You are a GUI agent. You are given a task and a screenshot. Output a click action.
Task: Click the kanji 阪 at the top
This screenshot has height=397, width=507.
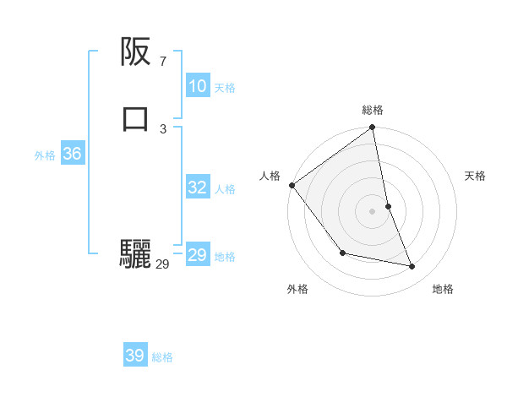135,53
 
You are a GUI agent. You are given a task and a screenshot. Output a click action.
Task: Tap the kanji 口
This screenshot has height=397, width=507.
135,118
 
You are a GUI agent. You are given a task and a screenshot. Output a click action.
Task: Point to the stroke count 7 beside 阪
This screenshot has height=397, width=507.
162,62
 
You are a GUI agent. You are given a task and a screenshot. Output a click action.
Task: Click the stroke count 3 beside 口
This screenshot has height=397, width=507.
162,128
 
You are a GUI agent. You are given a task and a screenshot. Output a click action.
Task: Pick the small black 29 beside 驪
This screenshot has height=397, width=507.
162,264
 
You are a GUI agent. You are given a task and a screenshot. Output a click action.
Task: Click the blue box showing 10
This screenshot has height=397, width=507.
197,86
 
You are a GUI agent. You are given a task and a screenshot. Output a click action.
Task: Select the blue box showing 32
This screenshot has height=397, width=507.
197,188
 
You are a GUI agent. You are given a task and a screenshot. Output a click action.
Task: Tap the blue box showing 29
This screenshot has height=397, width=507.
197,255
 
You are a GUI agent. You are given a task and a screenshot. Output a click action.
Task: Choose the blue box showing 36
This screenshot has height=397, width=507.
72,154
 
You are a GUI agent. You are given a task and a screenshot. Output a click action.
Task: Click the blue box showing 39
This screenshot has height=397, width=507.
134,356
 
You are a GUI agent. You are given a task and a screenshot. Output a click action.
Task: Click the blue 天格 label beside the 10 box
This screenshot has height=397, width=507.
225,88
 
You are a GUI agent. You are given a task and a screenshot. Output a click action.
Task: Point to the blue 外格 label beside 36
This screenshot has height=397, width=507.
45,155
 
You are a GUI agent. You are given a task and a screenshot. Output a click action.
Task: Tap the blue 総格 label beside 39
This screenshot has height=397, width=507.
162,357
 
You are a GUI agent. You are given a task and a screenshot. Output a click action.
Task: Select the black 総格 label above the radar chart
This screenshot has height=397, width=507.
373,110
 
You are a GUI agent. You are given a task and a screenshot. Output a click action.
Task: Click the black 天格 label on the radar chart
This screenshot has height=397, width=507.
476,176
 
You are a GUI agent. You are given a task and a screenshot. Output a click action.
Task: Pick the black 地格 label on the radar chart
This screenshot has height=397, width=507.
443,289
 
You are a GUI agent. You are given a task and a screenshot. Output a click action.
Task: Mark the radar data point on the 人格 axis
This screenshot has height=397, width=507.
292,185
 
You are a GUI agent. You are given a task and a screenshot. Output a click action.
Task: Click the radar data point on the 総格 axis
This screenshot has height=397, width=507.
373,128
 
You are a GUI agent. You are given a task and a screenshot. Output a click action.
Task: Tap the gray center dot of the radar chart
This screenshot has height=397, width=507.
373,211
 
